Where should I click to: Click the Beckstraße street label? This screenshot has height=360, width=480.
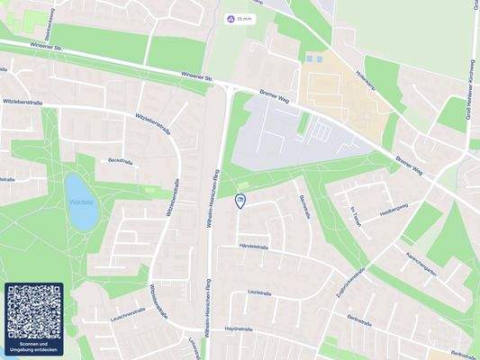click(x=120, y=159)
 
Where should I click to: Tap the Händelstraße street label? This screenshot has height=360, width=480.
click(x=254, y=245)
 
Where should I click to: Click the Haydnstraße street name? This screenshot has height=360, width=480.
click(x=241, y=330)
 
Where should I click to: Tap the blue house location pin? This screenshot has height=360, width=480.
click(x=240, y=201)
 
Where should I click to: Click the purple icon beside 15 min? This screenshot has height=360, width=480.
click(x=230, y=18)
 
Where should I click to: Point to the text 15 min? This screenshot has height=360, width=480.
click(x=244, y=18)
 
